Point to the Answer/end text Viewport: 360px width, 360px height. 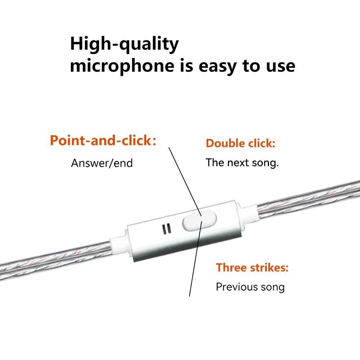(102, 163)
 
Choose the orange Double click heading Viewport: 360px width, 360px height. (240, 143)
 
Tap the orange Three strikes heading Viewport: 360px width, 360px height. (252, 267)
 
